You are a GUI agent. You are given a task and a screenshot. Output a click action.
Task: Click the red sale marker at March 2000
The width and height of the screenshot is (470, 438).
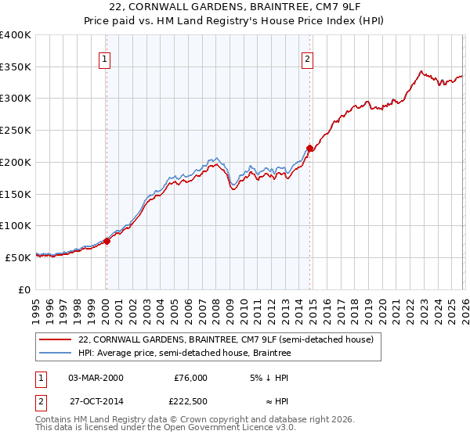pos(107,241)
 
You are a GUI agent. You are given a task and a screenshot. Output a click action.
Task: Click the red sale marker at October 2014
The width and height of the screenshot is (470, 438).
pos(310,148)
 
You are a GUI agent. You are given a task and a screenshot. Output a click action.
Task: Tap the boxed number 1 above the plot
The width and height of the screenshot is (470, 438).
pos(105,57)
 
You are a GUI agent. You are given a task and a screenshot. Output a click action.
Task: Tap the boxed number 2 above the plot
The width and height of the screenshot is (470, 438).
pos(308,57)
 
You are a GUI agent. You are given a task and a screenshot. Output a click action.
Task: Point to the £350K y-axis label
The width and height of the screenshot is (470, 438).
pos(16,67)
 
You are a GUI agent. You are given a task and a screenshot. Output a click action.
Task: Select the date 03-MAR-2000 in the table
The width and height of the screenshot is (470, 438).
pos(96,378)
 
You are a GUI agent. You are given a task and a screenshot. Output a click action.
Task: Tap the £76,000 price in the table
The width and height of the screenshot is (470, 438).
pos(190,378)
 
